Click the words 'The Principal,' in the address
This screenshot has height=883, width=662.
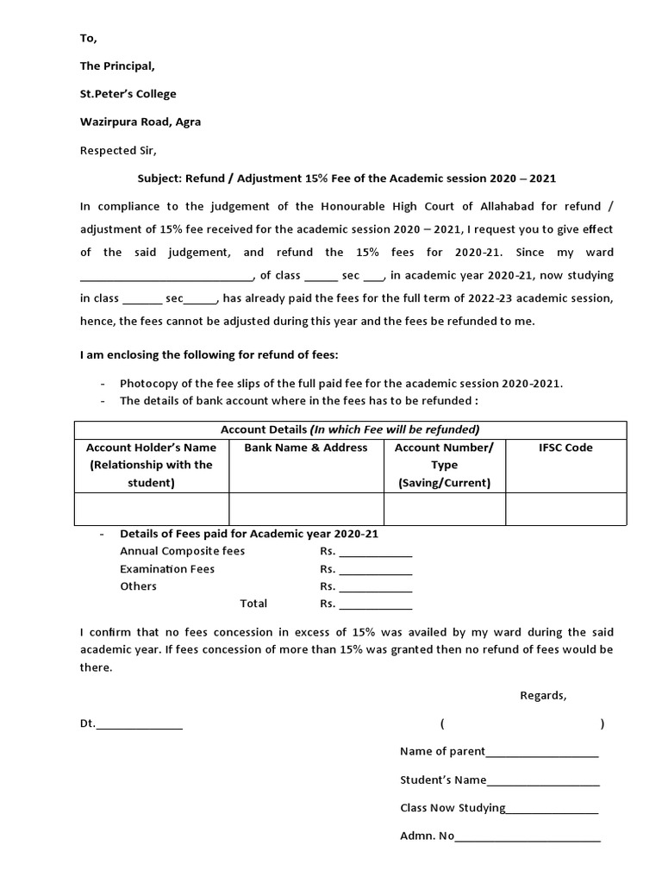click(117, 66)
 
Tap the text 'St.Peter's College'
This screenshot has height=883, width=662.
click(128, 94)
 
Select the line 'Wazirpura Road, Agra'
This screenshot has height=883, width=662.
click(141, 122)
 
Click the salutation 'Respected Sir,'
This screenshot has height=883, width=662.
click(118, 150)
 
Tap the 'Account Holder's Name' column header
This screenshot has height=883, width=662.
click(152, 448)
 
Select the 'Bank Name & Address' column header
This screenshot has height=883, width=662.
click(306, 448)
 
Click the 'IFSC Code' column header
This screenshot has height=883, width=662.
click(565, 448)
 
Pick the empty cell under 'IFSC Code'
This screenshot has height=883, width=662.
click(565, 509)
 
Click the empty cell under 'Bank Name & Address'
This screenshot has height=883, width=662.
click(306, 509)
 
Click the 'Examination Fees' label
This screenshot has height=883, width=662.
click(167, 569)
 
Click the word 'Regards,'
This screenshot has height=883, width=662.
click(543, 696)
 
